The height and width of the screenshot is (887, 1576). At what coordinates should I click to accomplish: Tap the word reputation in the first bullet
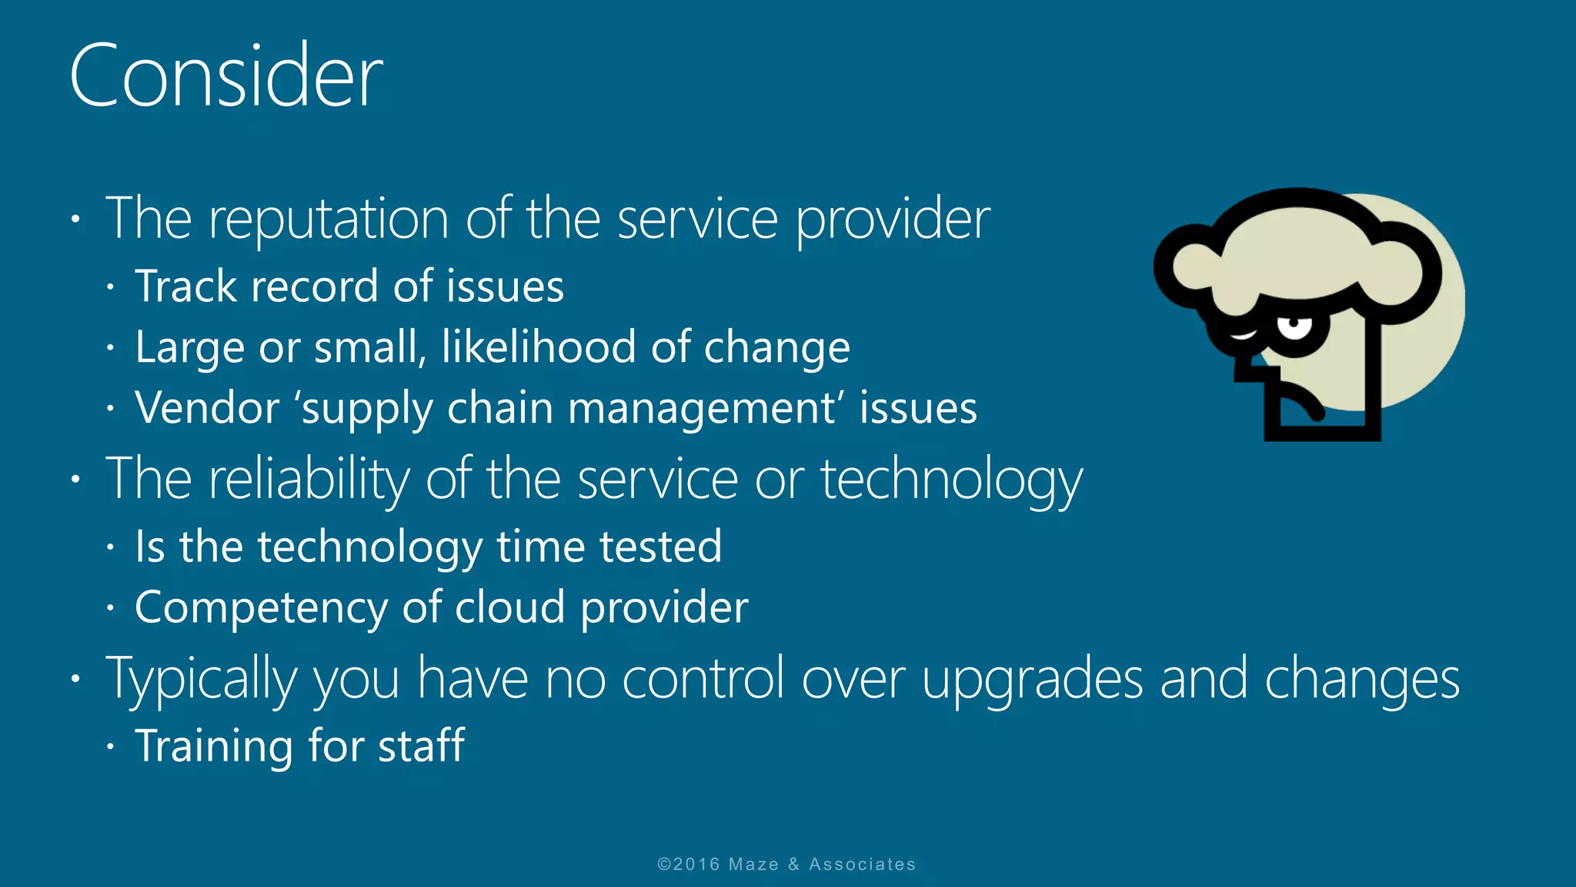[329, 219]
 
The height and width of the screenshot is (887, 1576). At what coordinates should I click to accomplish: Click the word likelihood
[539, 346]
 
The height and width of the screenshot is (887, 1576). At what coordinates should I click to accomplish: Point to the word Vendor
[207, 407]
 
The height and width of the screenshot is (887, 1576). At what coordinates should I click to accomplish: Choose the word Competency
[260, 608]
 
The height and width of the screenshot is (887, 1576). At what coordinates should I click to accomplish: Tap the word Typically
[201, 679]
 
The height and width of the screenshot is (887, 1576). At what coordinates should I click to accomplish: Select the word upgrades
[1032, 679]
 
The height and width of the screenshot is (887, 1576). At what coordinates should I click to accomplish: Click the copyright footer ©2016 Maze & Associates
[786, 864]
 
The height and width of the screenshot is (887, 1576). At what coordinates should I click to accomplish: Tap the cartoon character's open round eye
[1295, 326]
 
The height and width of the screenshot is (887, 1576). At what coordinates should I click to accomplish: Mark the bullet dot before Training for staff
[111, 746]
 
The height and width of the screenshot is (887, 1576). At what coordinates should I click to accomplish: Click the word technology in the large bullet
[951, 479]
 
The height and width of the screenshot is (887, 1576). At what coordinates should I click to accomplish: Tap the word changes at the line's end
[1361, 679]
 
